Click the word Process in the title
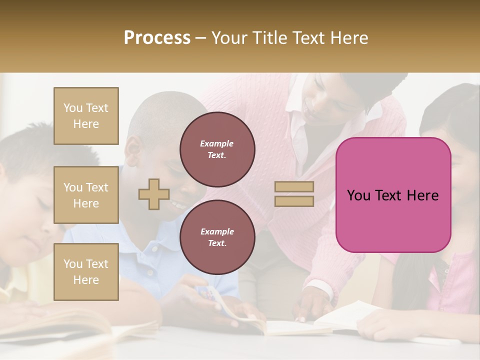coord(157,38)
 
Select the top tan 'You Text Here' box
coord(86,116)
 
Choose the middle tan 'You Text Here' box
coord(86,195)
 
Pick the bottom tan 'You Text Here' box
coord(86,272)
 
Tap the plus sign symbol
coord(154,194)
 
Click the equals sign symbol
coord(294,194)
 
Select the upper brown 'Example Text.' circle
coord(217,149)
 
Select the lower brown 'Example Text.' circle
coord(217,237)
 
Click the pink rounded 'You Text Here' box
coord(393,195)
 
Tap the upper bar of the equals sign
coord(294,187)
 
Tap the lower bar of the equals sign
coord(294,201)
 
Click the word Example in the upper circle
coord(217,143)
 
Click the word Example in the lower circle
coord(217,231)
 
